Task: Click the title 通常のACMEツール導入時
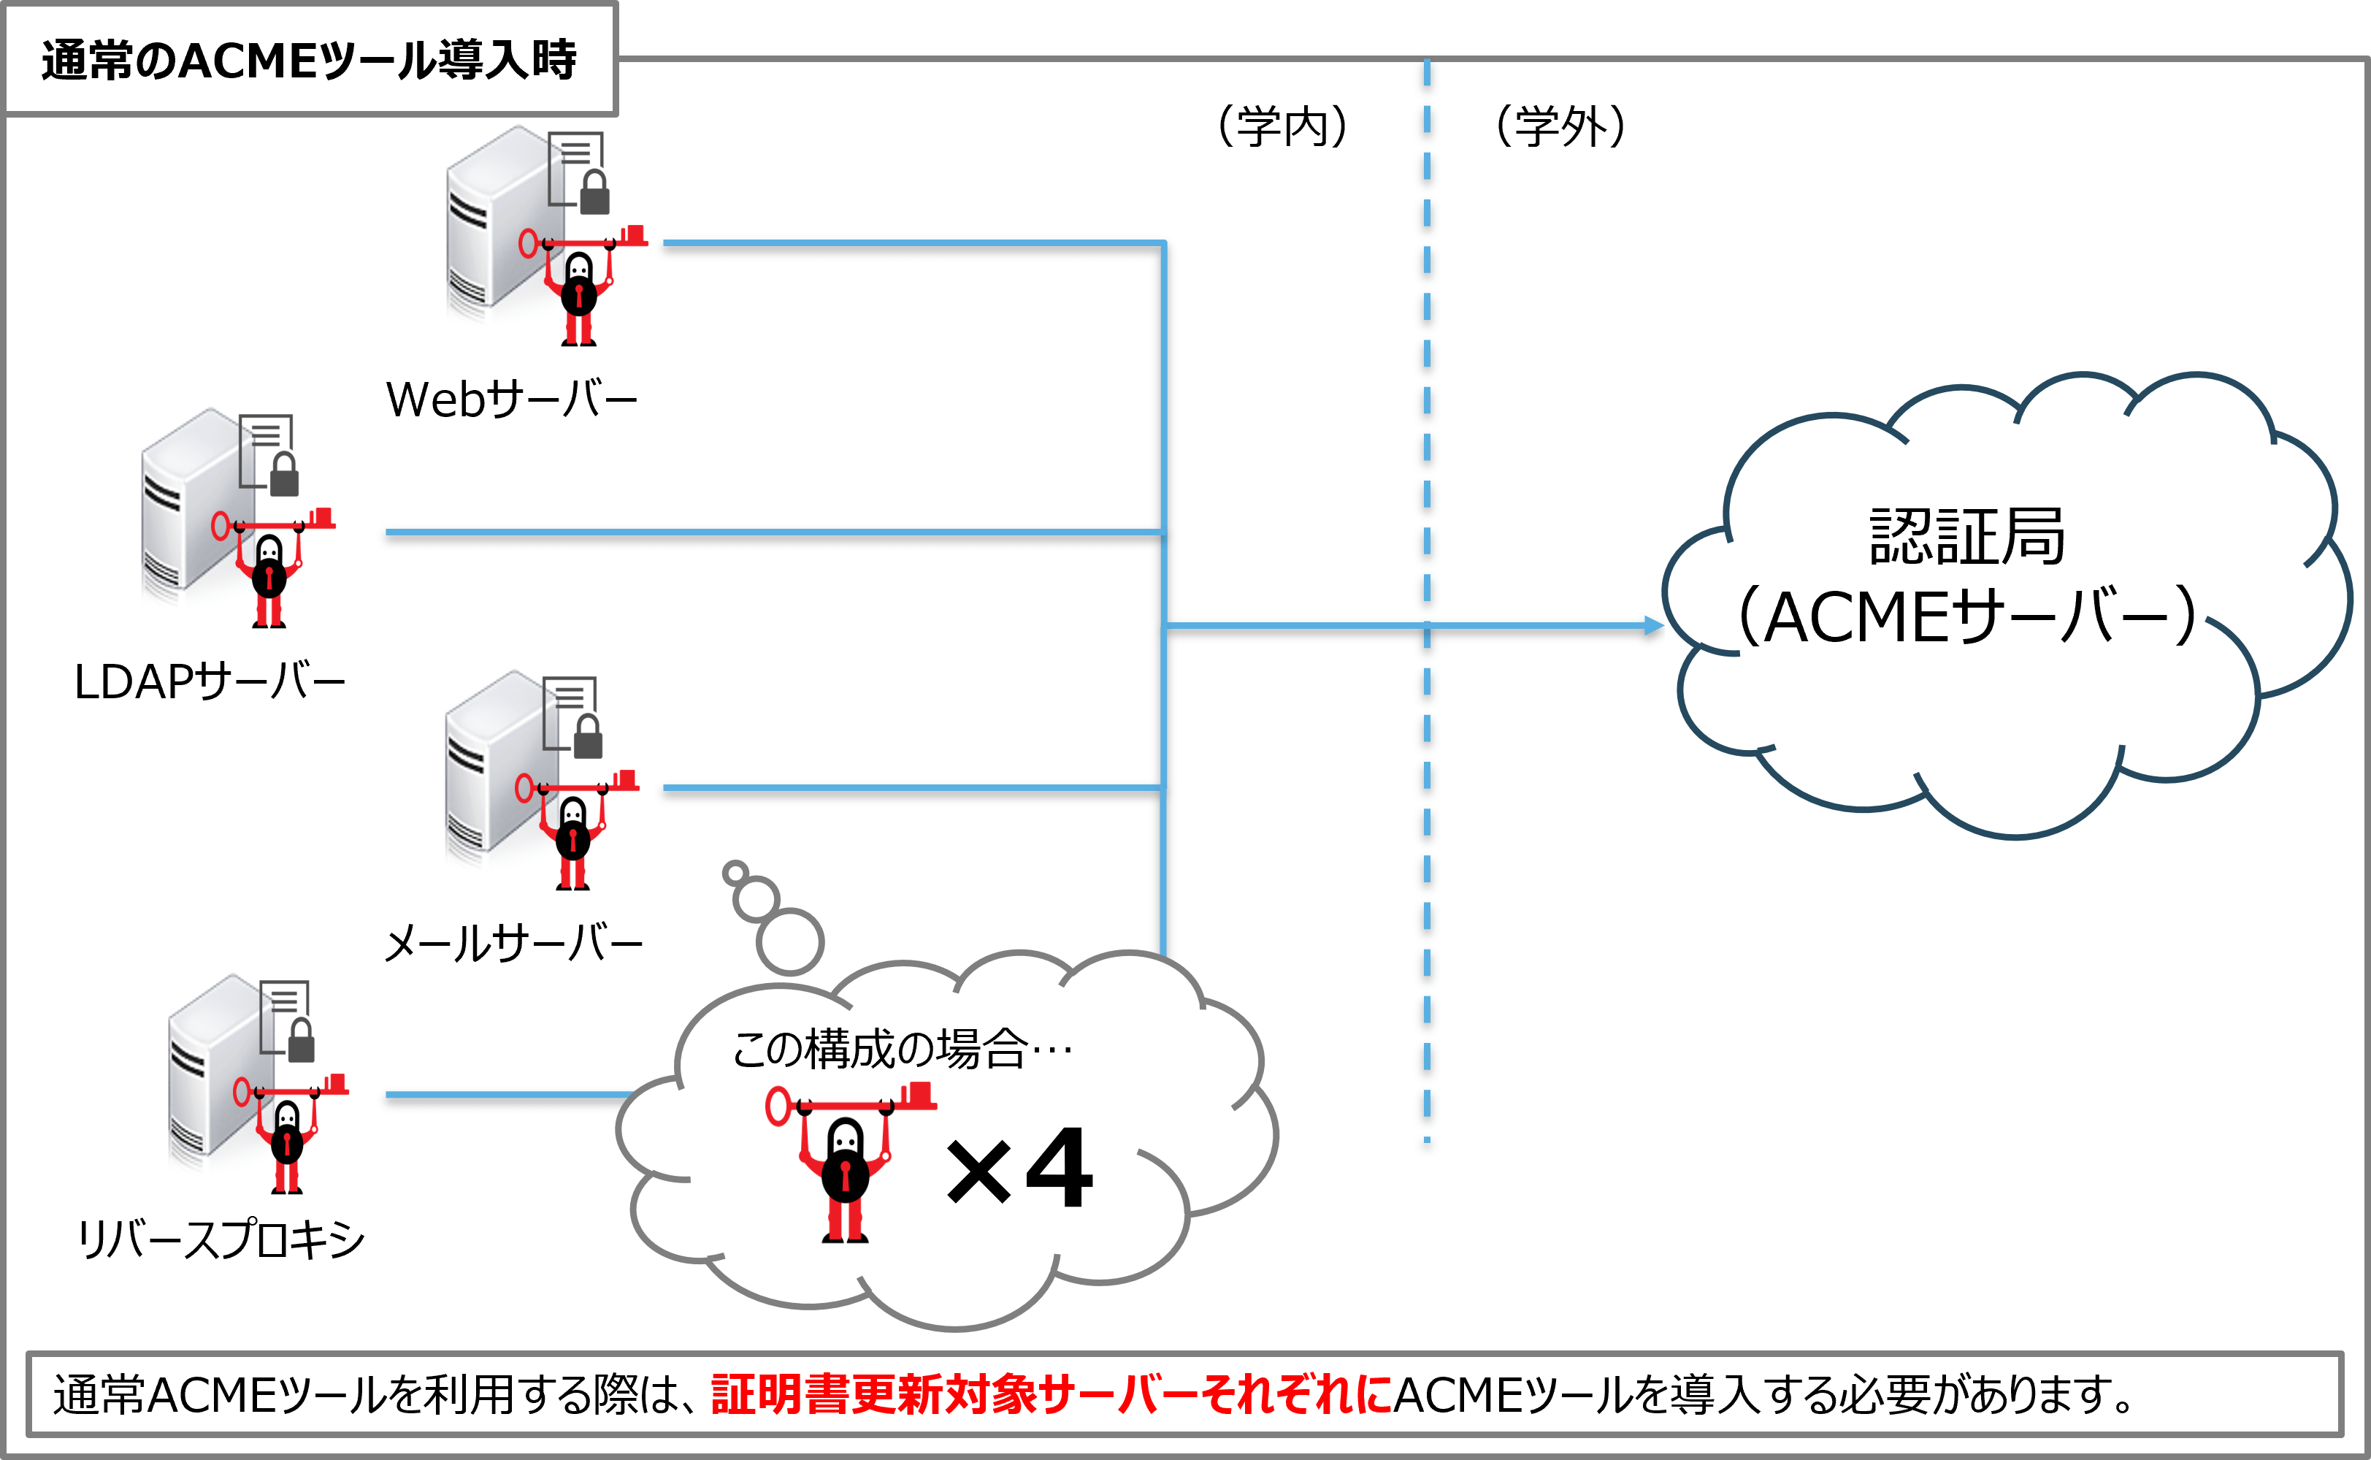tap(309, 61)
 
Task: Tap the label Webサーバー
tap(512, 399)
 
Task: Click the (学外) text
tap(1560, 126)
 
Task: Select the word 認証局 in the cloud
tap(1966, 537)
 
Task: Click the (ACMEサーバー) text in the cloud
tap(1966, 616)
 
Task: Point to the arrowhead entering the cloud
tap(1654, 626)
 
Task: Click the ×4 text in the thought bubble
tap(1020, 1169)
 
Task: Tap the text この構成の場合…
tap(902, 1049)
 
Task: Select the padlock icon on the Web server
tap(594, 192)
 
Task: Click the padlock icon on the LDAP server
tap(284, 475)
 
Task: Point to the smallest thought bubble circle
tap(735, 873)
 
